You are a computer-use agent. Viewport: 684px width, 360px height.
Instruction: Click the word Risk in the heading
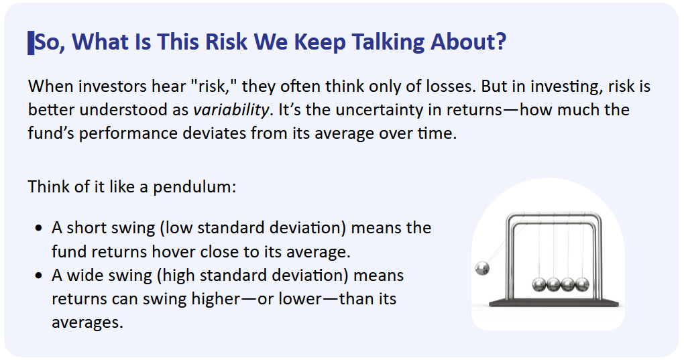[x=227, y=42]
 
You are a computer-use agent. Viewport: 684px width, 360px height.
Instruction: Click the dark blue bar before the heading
[x=31, y=43]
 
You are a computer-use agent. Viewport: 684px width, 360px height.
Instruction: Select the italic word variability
[x=231, y=110]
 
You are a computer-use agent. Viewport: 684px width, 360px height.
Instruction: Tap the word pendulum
[x=194, y=187]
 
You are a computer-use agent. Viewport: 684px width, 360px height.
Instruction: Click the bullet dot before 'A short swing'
[x=40, y=228]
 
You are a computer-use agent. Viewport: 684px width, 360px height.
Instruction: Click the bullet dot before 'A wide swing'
[x=40, y=276]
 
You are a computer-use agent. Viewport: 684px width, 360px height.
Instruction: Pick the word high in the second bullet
[x=180, y=276]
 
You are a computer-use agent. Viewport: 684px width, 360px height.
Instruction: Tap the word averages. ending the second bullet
[x=87, y=322]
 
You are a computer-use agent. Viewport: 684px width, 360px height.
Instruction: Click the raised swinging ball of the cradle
[x=482, y=268]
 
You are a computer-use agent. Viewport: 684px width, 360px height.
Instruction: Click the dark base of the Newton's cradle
[x=554, y=303]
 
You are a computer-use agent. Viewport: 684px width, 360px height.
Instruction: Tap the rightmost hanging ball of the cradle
[x=582, y=285]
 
